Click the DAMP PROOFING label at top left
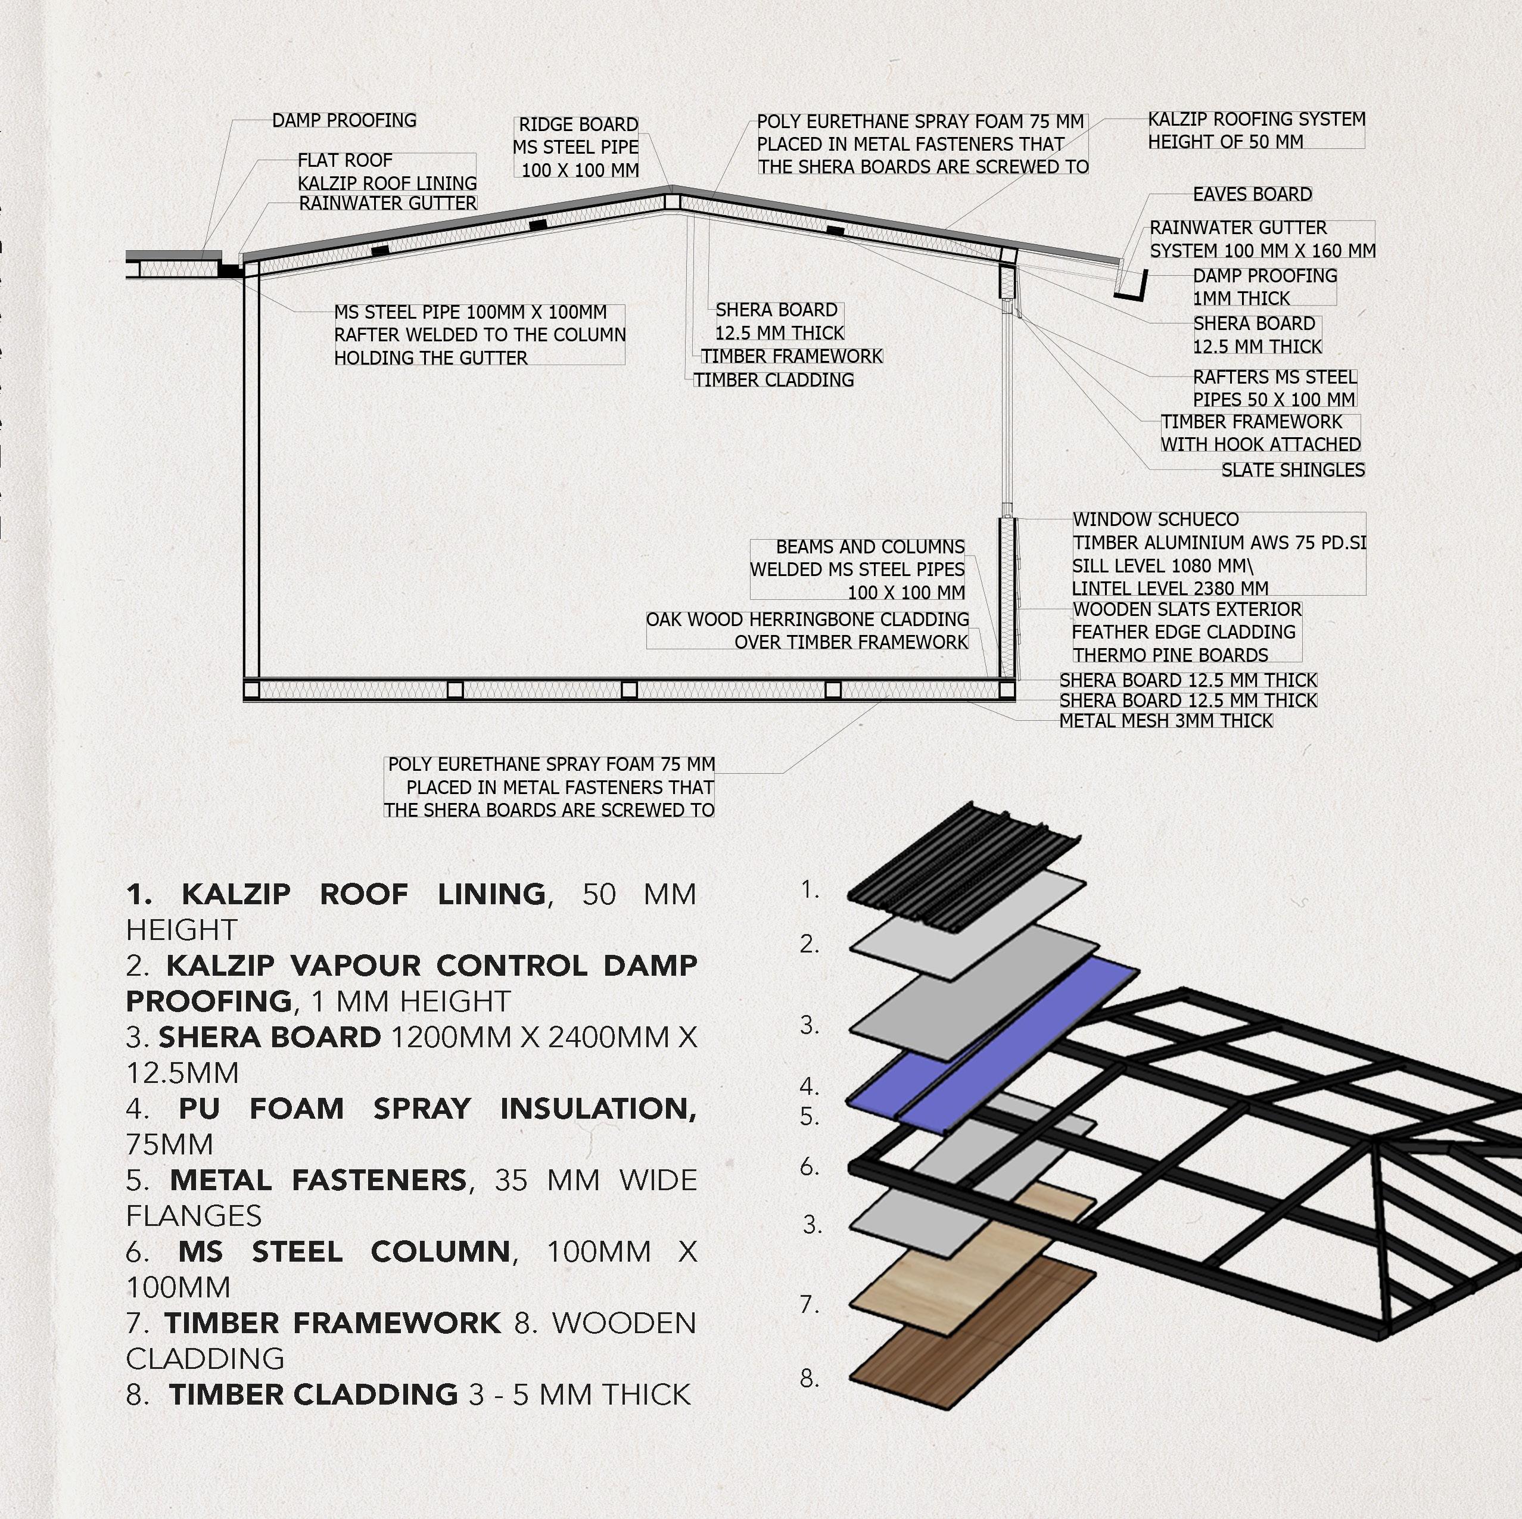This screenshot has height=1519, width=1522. (344, 120)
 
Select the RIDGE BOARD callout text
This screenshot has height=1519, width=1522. (578, 125)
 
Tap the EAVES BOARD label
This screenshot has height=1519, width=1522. (1252, 195)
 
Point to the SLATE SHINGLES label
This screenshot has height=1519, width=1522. (1293, 471)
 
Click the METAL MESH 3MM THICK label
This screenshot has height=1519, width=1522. (1166, 721)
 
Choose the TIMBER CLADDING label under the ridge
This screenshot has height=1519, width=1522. (774, 381)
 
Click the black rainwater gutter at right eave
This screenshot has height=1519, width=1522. (1131, 288)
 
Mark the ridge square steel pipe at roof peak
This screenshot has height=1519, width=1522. (672, 202)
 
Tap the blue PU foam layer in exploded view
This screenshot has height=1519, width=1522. (992, 1032)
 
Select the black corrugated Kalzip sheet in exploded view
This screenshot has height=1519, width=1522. (965, 867)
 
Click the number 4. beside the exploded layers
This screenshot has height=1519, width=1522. (809, 1087)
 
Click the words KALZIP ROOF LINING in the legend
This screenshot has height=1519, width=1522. (363, 894)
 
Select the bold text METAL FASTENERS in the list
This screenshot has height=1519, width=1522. (318, 1180)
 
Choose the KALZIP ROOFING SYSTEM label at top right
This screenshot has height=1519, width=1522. (1256, 120)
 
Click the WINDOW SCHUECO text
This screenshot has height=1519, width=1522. (1155, 520)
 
